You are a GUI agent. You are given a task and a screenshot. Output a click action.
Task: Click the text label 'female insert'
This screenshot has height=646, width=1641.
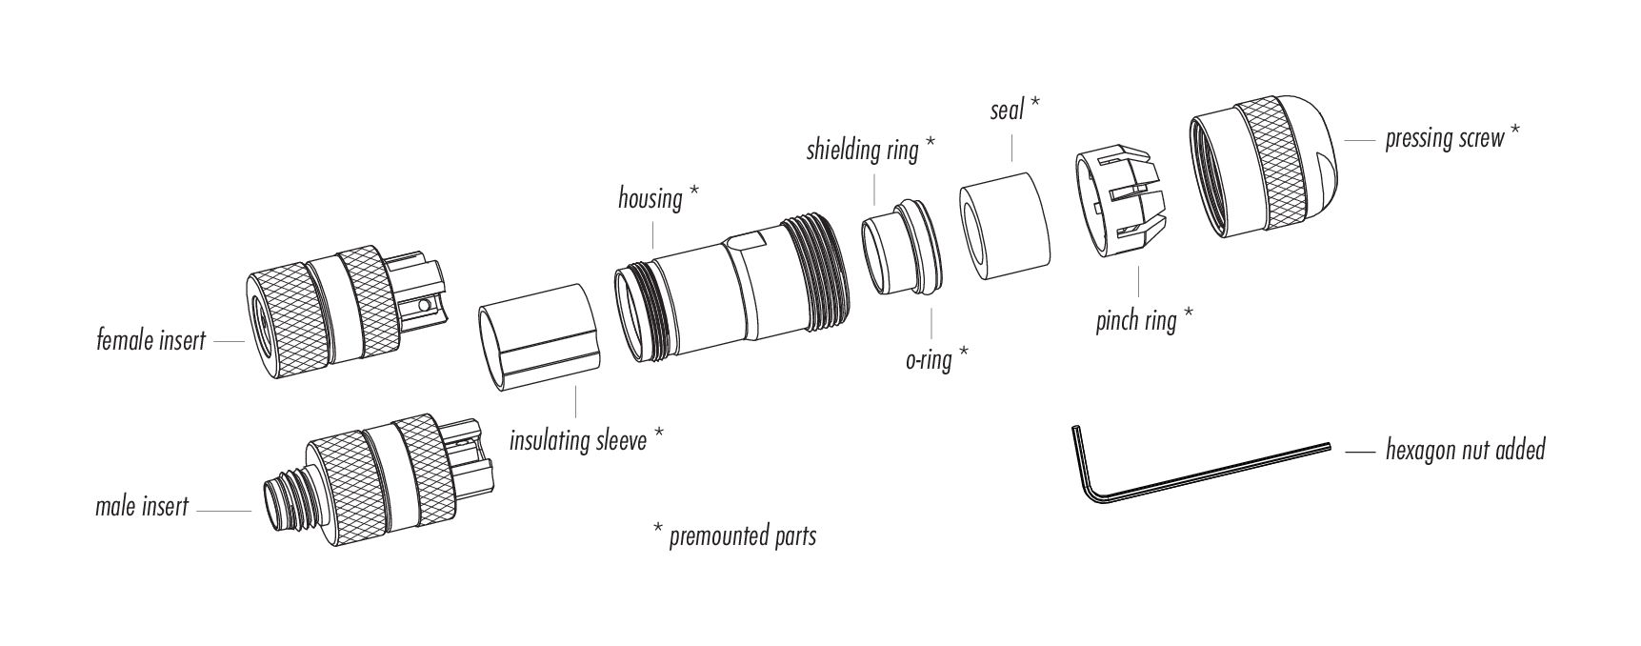tap(150, 339)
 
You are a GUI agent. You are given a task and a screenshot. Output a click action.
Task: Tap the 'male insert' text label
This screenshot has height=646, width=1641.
tap(142, 506)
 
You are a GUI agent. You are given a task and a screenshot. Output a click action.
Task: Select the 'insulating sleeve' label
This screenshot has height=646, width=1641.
tap(578, 440)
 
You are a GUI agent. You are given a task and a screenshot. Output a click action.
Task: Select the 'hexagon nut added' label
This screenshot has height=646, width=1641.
tap(1465, 449)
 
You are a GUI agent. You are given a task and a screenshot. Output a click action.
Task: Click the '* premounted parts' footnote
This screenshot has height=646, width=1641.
tap(733, 535)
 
